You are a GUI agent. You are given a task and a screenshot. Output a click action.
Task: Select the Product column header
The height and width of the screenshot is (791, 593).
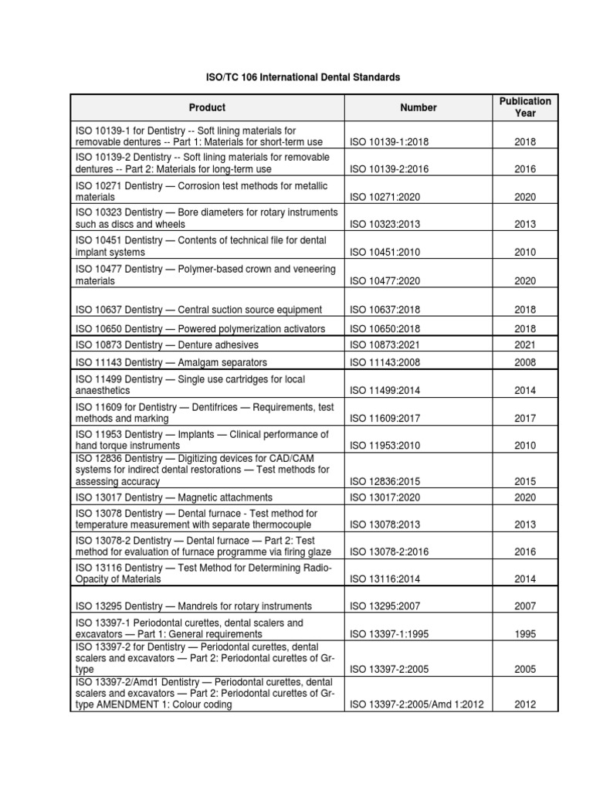click(207, 108)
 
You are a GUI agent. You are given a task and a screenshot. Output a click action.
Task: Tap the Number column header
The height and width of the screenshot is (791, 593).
click(418, 108)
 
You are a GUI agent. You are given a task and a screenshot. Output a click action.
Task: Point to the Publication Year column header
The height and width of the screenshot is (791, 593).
click(525, 107)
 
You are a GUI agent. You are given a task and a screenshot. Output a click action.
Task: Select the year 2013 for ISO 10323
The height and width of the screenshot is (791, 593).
click(525, 225)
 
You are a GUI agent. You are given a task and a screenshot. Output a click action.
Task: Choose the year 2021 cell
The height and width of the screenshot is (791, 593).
click(525, 345)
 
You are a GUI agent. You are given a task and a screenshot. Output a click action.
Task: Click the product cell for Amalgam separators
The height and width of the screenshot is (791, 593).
click(171, 362)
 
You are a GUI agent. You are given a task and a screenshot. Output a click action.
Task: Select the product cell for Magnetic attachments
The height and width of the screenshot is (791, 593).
click(174, 497)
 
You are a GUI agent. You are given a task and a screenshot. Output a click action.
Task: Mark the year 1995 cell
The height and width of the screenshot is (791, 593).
click(525, 634)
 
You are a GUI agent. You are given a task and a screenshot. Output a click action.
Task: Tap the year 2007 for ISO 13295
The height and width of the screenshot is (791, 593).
click(525, 606)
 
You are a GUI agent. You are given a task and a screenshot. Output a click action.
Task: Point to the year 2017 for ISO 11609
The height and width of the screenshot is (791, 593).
click(525, 418)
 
